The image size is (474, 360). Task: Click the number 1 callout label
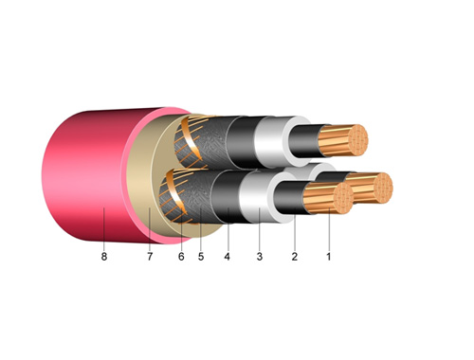329,257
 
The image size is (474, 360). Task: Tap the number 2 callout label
295,257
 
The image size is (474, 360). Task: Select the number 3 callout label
260,257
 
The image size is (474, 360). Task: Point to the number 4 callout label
227,257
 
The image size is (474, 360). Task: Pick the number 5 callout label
201,257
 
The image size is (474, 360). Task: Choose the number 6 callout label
181,257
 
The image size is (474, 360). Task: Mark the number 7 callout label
150,257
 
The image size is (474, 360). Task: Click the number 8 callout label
104,257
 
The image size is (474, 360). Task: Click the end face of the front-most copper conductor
343,198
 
